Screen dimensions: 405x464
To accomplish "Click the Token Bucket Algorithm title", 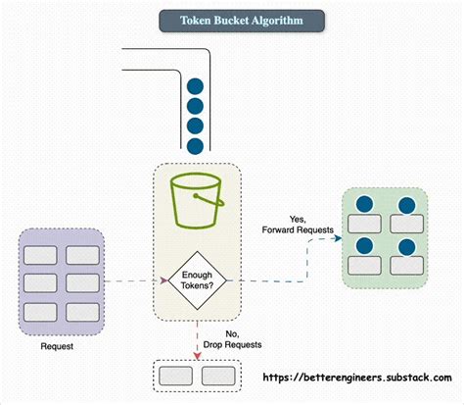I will click(x=241, y=21).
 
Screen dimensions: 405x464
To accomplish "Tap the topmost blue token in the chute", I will click(x=195, y=85).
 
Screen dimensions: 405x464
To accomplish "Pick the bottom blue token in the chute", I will click(x=195, y=146).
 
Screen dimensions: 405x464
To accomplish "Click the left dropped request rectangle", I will click(x=176, y=376).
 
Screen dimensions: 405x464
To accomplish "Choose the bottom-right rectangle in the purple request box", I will click(x=81, y=312).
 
